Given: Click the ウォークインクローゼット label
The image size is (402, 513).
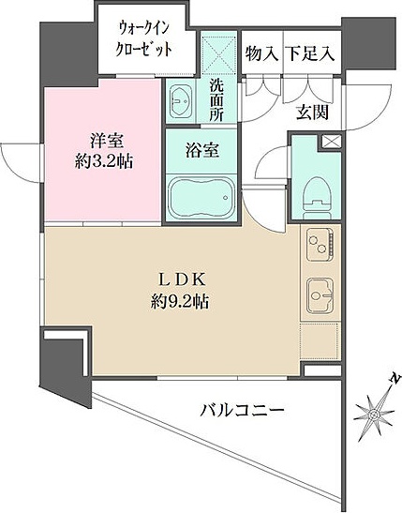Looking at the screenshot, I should (x=144, y=38).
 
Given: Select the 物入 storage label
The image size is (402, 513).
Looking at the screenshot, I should (x=261, y=53).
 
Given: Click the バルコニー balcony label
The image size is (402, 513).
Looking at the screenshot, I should (x=242, y=410).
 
